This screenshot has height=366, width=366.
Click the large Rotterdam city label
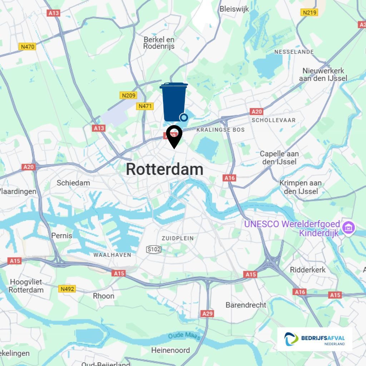tap(164, 169)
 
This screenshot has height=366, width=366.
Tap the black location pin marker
tap(174, 136)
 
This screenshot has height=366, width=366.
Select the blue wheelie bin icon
tap(174, 102)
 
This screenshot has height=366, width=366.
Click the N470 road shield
tap(28, 46)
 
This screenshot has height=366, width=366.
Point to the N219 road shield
tap(309, 13)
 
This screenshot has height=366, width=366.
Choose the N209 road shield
tap(128, 95)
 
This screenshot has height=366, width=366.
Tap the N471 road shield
tap(145, 106)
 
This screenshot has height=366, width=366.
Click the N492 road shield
tap(68, 288)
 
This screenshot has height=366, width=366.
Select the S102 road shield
tap(154, 249)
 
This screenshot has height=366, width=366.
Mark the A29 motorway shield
tap(207, 313)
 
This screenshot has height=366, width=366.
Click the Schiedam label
tap(73, 183)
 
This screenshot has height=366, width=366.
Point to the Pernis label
tap(61, 236)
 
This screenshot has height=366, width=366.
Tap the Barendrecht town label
tap(246, 305)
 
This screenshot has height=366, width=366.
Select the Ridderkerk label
tap(308, 269)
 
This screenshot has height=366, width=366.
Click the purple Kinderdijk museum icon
tap(348, 227)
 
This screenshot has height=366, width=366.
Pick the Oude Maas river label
tap(184, 336)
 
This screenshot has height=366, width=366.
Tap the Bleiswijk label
tap(234, 9)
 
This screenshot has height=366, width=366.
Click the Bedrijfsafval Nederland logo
tap(315, 339)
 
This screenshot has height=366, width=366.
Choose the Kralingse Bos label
tap(221, 130)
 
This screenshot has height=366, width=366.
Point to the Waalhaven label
tap(112, 255)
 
